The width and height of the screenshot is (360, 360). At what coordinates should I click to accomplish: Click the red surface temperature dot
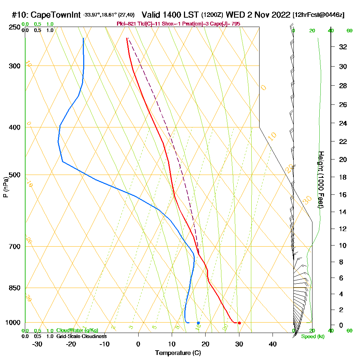coord(239,323)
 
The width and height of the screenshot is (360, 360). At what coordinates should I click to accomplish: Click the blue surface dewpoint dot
coord(198,323)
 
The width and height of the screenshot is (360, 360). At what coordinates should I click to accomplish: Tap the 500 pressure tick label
coord(13,175)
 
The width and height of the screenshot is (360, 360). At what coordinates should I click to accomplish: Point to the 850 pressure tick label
coord(13,288)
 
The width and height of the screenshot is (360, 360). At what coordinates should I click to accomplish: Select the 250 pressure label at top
coord(13,27)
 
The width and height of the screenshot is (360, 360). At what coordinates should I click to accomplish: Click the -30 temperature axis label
coord(37,344)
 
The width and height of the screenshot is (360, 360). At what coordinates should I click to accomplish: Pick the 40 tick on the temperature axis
coord(273,344)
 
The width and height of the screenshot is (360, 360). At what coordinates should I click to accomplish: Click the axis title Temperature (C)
coord(178,353)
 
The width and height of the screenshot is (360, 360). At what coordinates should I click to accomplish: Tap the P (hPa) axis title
coord(5,187)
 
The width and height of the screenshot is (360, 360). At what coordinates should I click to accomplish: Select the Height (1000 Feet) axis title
coord(321,180)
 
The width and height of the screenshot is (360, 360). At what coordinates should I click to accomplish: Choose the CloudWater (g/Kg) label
coord(77,330)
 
